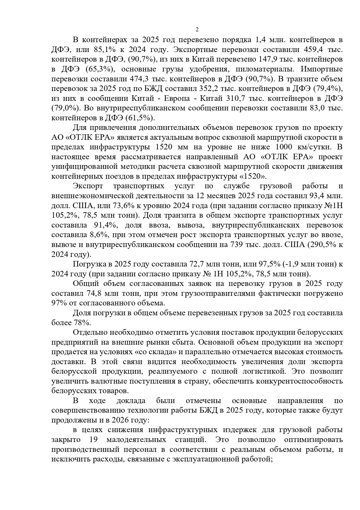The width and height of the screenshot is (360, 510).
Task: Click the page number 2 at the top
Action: [x=197, y=30]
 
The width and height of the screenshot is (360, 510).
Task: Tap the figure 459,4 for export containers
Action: [x=312, y=49]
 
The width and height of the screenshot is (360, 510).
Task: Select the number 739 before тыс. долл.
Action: [x=236, y=245]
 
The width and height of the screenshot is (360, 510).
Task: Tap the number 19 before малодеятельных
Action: [x=91, y=440]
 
